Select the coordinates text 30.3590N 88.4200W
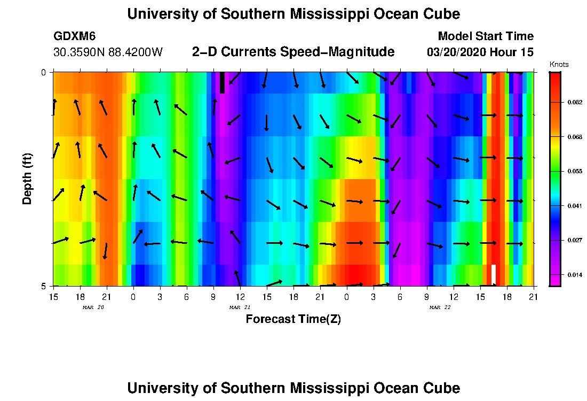click(x=108, y=52)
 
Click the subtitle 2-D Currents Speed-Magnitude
click(x=293, y=52)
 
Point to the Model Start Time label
click(x=485, y=36)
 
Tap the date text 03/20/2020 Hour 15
click(x=480, y=52)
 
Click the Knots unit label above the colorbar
click(x=559, y=64)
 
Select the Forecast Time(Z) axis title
click(x=293, y=319)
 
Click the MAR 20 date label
click(x=93, y=307)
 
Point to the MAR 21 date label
click(x=240, y=307)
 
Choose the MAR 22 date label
click(x=440, y=307)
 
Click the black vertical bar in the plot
click(x=222, y=83)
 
